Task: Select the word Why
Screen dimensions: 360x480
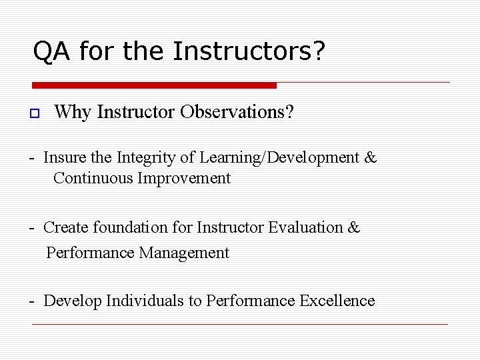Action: [73, 112]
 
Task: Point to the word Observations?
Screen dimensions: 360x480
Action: [237, 112]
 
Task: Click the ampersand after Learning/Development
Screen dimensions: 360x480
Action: [371, 158]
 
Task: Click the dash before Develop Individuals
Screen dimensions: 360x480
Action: [32, 301]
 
